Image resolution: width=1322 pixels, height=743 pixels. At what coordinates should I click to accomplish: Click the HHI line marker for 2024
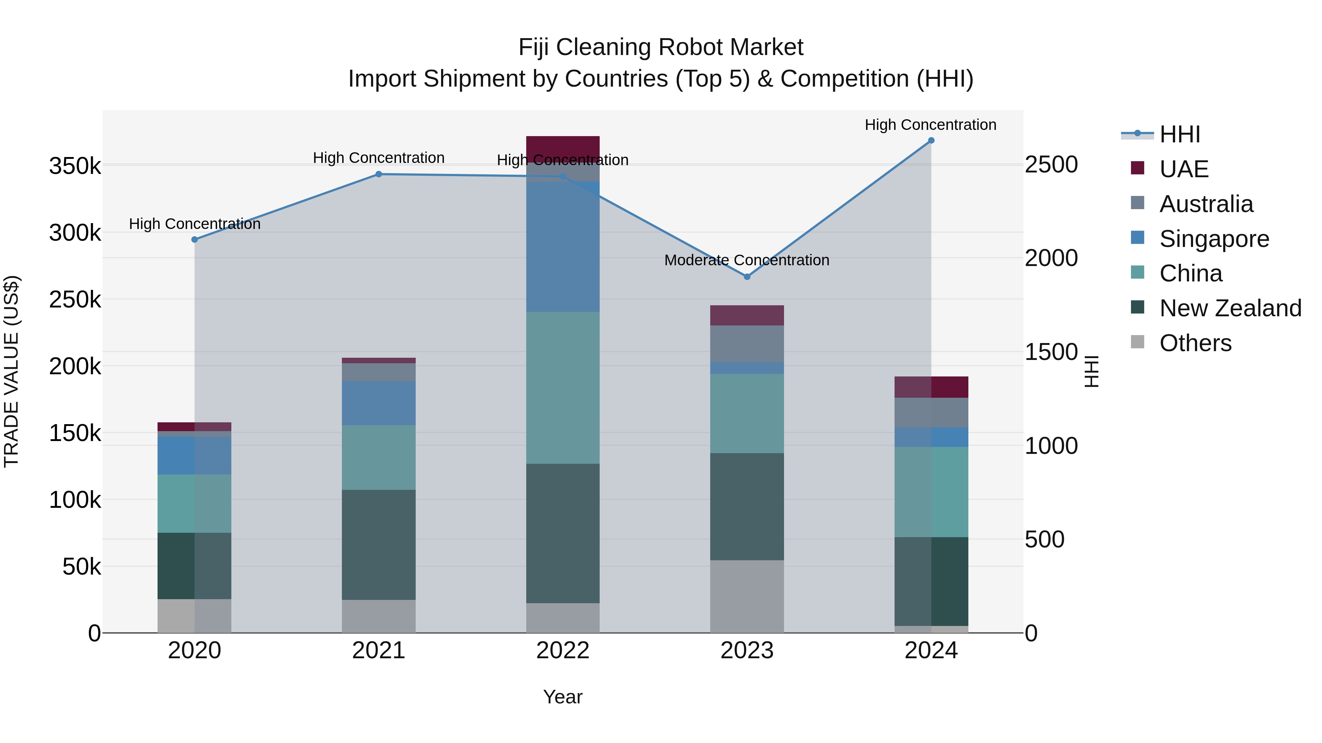(931, 141)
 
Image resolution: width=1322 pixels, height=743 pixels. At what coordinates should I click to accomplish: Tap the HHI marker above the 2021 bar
(379, 174)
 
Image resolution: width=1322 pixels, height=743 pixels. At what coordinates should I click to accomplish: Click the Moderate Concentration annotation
(747, 261)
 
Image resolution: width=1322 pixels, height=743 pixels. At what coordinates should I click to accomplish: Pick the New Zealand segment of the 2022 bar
(563, 533)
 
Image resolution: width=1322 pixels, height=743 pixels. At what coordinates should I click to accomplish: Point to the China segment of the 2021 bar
(379, 458)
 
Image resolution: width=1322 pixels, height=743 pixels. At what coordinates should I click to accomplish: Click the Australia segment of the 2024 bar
(931, 413)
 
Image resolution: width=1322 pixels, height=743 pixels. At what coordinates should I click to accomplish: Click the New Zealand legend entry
(1230, 308)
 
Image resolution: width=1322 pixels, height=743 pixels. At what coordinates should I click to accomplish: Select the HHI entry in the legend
(1179, 134)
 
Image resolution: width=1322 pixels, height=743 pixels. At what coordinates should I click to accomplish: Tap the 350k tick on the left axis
(75, 167)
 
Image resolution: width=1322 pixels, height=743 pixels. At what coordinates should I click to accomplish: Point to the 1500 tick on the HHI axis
(1051, 352)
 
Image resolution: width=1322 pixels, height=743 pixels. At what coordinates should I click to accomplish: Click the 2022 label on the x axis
(563, 651)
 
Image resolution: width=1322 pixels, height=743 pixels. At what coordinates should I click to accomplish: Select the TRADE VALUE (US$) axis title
(12, 371)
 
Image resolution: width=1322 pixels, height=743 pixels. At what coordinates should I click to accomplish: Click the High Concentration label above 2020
(195, 224)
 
